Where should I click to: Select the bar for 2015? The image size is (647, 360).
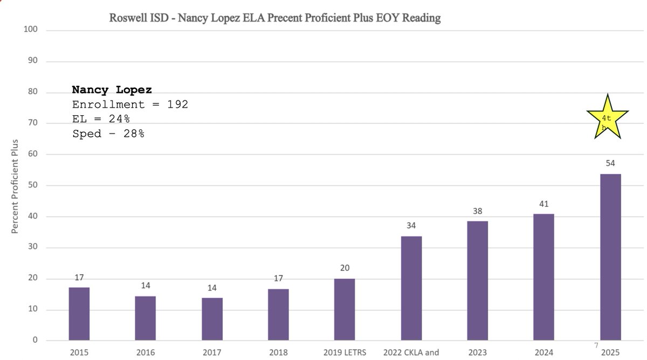(x=79, y=314)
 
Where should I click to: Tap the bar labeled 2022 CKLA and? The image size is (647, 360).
(x=411, y=288)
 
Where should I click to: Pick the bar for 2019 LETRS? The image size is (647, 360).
(x=345, y=309)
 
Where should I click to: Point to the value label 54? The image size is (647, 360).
(x=610, y=163)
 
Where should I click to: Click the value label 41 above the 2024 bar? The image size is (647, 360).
(x=543, y=204)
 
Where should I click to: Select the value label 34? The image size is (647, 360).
(x=411, y=225)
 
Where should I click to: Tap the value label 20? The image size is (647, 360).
(x=345, y=268)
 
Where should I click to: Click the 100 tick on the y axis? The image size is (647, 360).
(x=31, y=29)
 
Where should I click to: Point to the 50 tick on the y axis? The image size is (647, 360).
(x=32, y=185)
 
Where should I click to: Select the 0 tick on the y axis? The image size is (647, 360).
(x=35, y=341)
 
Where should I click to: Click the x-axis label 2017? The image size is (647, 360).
(x=212, y=353)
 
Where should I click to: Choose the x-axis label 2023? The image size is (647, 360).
(x=477, y=353)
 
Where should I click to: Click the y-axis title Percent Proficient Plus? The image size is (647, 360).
(x=15, y=186)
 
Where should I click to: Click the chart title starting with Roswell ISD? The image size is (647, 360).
(x=275, y=18)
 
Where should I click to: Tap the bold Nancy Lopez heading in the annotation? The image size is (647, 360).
(x=112, y=89)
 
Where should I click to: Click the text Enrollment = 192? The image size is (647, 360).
(x=130, y=104)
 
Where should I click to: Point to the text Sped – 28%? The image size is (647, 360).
(x=108, y=133)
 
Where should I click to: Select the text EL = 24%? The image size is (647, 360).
(x=101, y=119)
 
